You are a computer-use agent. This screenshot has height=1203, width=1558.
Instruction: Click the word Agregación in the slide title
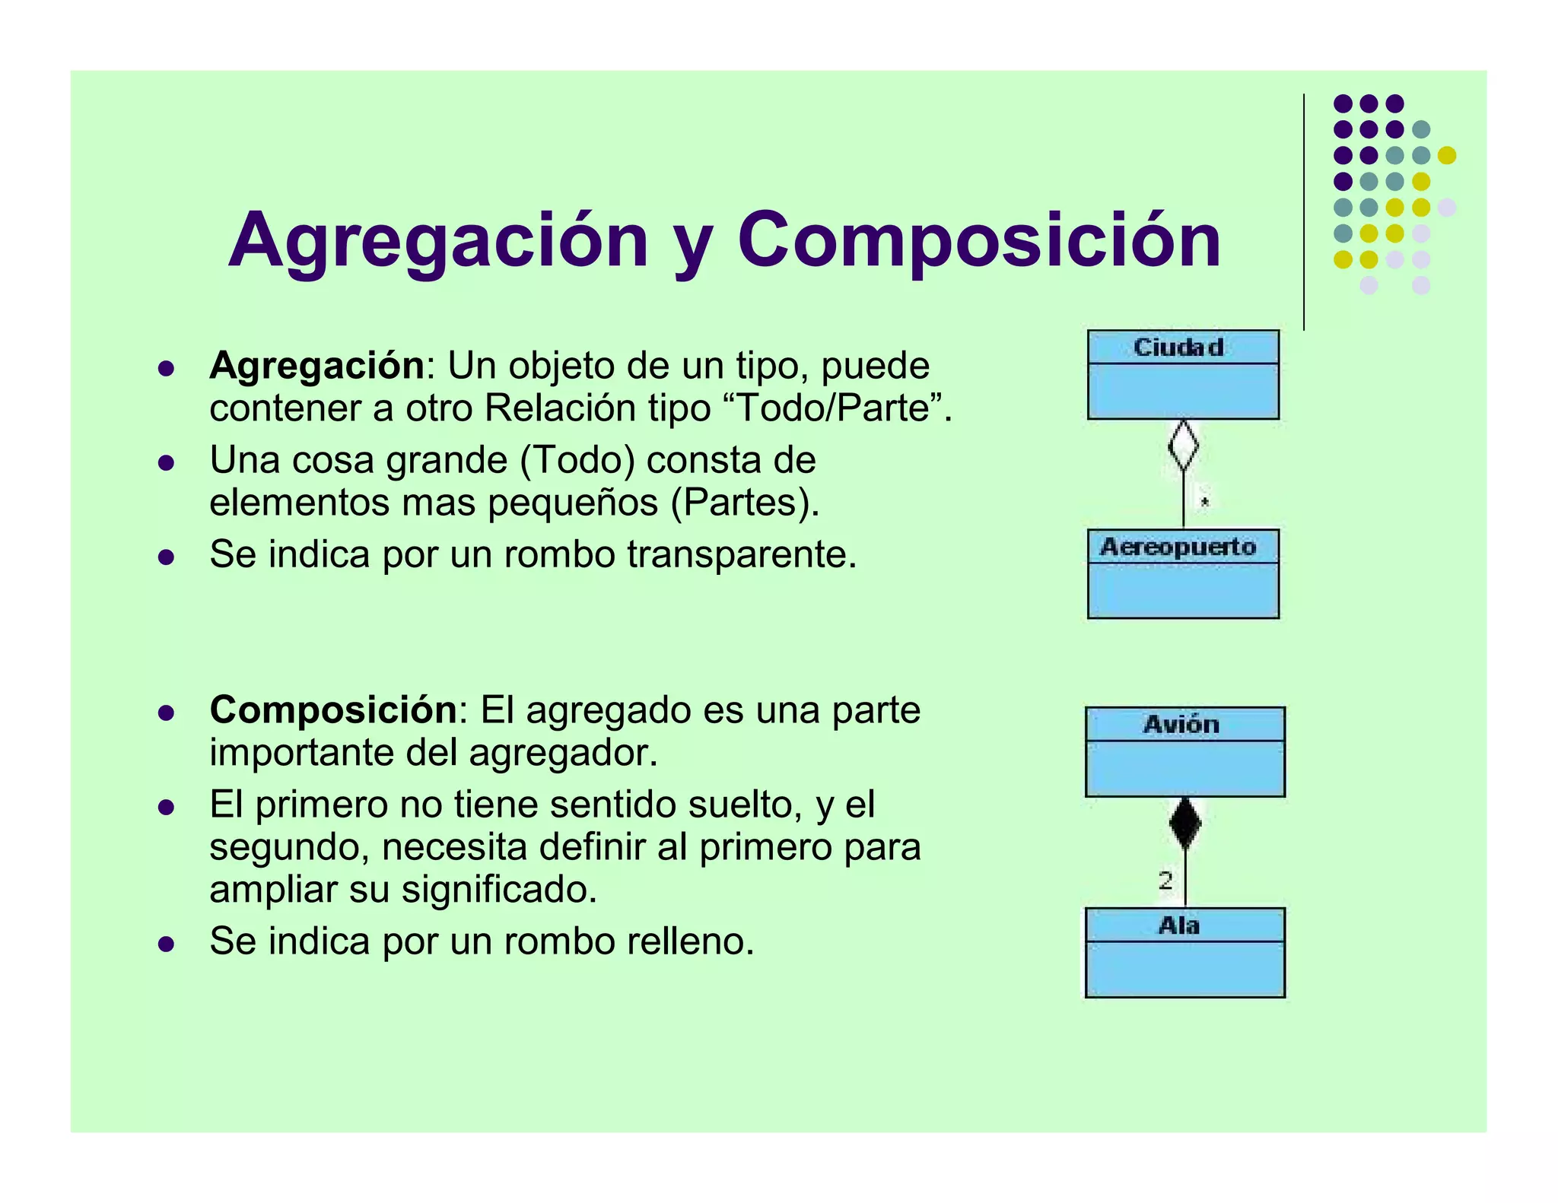click(437, 241)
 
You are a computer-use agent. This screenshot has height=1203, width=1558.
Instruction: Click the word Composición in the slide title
click(979, 241)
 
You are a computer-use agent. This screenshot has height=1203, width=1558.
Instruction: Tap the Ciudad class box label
click(1178, 348)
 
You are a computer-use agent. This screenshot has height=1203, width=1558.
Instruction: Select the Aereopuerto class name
click(1178, 547)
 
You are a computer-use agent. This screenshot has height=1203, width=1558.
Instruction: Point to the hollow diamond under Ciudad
click(1183, 445)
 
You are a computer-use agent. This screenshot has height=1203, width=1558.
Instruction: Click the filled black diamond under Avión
click(1184, 823)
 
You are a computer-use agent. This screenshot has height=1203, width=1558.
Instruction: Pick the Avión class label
click(1181, 724)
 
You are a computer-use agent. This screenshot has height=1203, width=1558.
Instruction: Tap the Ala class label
click(1179, 925)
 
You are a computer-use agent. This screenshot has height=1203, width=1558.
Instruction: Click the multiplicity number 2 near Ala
click(1165, 881)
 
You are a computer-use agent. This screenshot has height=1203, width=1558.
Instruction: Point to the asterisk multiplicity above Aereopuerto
click(1204, 502)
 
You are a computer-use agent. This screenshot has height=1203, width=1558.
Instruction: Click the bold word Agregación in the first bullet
click(316, 366)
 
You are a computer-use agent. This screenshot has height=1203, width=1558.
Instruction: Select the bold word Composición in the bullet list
click(333, 710)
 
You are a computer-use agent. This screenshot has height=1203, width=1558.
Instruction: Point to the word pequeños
click(573, 503)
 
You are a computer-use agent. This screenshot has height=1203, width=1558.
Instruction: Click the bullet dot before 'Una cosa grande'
click(166, 462)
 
